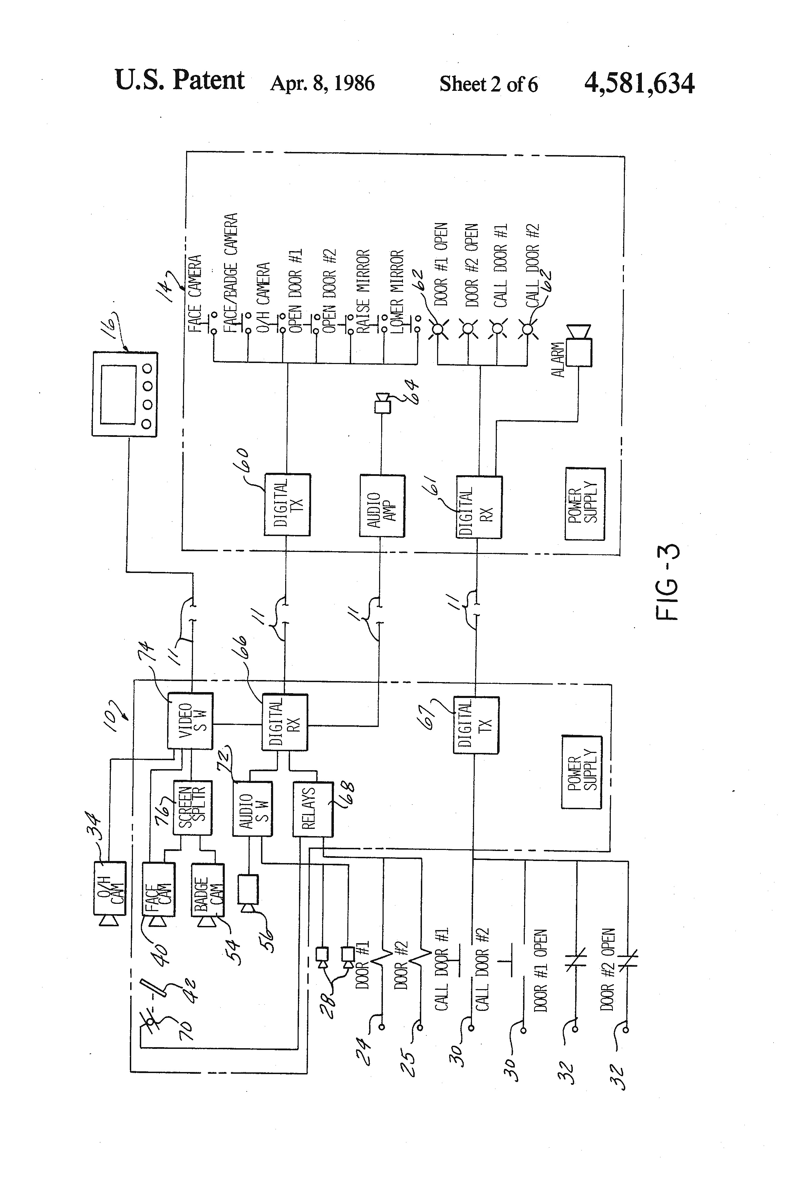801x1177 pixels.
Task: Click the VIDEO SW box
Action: click(x=190, y=721)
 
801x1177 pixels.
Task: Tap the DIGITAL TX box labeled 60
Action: click(x=287, y=505)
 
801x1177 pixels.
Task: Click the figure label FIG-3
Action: click(x=667, y=582)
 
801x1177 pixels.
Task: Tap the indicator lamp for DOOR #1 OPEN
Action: click(x=438, y=330)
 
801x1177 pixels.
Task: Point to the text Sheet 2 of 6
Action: click(x=488, y=84)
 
